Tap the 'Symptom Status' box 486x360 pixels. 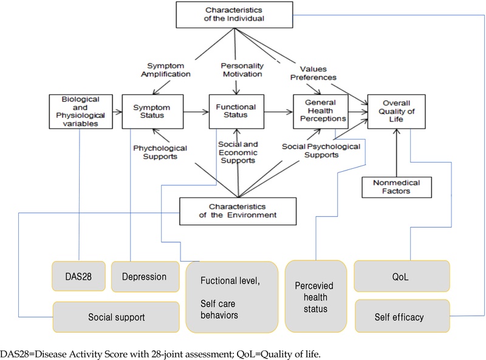[146, 110]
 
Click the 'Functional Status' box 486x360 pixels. [234, 110]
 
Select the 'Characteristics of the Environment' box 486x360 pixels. [238, 209]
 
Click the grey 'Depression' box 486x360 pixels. [145, 276]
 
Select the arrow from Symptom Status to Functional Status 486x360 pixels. [190, 112]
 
